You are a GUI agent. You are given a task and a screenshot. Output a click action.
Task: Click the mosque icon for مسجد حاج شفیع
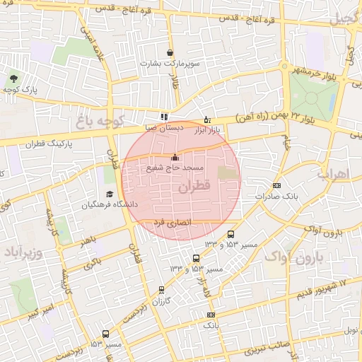click(x=175, y=157)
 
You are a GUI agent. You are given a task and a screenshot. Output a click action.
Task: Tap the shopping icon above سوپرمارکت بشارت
click(x=170, y=52)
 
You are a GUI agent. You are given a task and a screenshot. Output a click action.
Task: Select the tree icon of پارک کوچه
click(x=13, y=78)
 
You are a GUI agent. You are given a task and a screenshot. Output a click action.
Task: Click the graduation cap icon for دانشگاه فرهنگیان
click(x=110, y=194)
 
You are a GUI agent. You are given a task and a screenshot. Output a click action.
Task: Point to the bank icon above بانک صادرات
click(x=276, y=186)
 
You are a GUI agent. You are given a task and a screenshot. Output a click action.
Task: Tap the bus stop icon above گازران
click(x=162, y=289)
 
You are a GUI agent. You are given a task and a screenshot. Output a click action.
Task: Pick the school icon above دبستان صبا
click(x=164, y=117)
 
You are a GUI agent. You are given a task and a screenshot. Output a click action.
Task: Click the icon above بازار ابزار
click(x=206, y=119)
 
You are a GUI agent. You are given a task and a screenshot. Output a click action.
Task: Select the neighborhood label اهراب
click(x=333, y=173)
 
